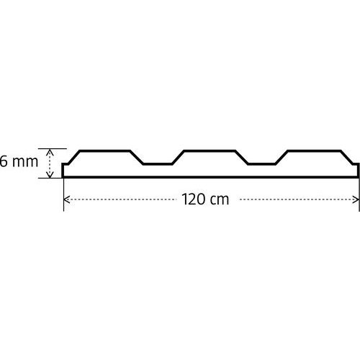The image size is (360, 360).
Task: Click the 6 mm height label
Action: coord(19,161)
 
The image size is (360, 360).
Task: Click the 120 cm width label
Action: coord(205,199)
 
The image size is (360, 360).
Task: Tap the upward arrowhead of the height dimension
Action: coord(50,151)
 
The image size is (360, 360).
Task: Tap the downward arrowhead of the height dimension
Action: coord(50,175)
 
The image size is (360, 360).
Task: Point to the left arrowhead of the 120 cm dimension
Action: coord(67,199)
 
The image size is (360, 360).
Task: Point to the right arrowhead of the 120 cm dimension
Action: coord(356,199)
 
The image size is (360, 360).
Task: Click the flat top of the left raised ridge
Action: coord(104,150)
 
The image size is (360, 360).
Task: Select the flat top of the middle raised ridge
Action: coord(210,150)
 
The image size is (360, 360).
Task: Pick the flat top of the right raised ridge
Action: coord(314,150)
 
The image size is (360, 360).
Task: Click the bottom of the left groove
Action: coord(158,164)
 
